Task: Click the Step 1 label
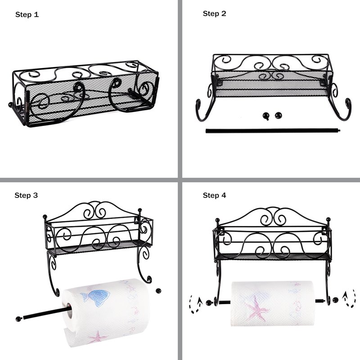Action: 27,15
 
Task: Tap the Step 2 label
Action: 215,13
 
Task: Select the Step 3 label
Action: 26,195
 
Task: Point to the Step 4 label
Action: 215,195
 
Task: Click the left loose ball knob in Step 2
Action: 266,116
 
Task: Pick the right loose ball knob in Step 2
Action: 278,116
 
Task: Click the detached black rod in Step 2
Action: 273,131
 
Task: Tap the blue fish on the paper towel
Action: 95,297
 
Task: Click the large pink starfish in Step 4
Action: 256,309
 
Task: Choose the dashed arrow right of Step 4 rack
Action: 349,298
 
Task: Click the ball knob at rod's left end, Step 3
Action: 18,319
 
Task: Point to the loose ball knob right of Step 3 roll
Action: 158,291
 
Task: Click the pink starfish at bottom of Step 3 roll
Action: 98,337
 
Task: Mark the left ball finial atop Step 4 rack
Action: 217,220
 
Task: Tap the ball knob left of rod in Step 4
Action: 209,302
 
